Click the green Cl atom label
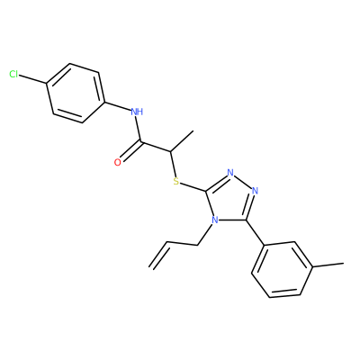[x=13, y=74]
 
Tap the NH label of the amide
[x=137, y=112]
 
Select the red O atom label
[x=118, y=162]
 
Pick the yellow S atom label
[x=176, y=181]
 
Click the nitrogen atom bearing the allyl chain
[x=214, y=220]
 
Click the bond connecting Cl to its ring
[x=32, y=79]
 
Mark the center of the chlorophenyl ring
[x=76, y=93]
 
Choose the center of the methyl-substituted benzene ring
[x=283, y=270]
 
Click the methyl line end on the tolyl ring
[x=344, y=264]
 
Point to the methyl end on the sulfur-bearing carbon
[x=193, y=130]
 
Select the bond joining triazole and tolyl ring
[x=256, y=233]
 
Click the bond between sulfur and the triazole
[x=193, y=186]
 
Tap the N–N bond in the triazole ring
[x=242, y=182]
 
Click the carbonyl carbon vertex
[x=141, y=141]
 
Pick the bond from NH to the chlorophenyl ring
[x=118, y=106]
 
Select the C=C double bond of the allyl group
[x=159, y=255]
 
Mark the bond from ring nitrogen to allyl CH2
[x=205, y=236]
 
